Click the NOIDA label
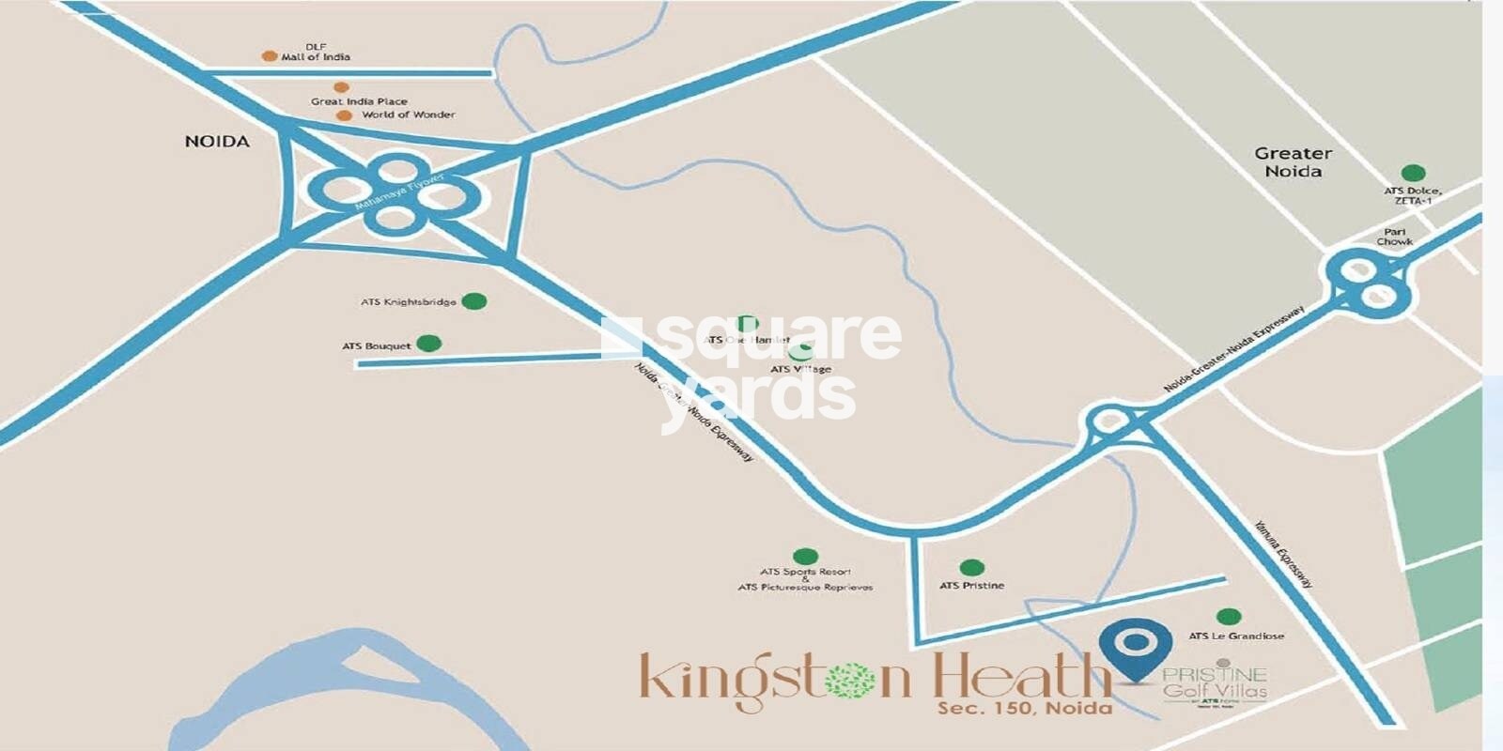217,142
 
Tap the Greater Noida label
1293,161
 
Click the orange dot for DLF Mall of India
270,56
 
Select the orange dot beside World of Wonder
344,115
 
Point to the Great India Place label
359,101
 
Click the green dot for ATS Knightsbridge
474,301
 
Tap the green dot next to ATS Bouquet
429,344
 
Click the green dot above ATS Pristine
972,567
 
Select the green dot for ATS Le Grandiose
1228,617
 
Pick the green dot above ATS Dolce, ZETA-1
1413,173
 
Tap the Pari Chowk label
1394,237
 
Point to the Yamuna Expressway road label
1282,554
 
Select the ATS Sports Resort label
805,571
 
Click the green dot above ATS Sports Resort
805,556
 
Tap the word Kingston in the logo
770,678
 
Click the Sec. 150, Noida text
1024,708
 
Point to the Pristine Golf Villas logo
1215,683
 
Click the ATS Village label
800,369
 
